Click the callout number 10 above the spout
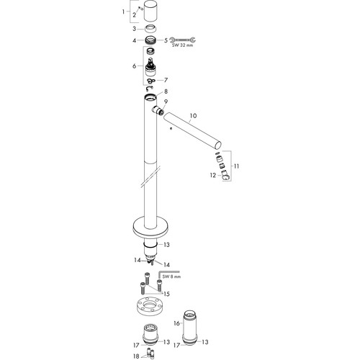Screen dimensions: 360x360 tap(193, 116)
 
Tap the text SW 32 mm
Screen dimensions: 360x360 tap(182, 45)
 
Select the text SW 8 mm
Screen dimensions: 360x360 tap(171, 276)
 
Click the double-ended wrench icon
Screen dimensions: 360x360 tap(182, 40)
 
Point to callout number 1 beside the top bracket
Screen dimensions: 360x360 tap(123, 12)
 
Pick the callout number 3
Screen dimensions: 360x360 tap(134, 29)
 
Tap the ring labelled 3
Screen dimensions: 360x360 tap(150, 29)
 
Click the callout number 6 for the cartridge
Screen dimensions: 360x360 tap(134, 66)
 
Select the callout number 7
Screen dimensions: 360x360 tap(166, 80)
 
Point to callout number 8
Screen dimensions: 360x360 tap(166, 91)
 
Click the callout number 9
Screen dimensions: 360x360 tap(166, 102)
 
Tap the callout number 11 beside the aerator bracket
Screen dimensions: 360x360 tap(236, 166)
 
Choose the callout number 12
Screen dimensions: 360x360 tap(213, 176)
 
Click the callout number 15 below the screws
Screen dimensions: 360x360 tap(166, 294)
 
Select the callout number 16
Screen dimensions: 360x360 tap(176, 323)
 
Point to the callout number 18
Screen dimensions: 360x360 tap(136, 356)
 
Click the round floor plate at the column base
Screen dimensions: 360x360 tap(150, 228)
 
